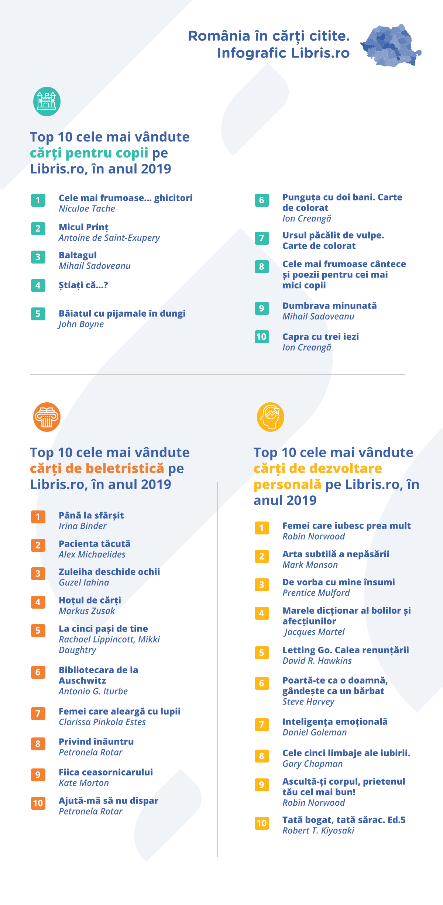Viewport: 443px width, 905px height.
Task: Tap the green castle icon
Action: point(47,101)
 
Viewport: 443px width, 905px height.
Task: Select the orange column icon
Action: point(47,417)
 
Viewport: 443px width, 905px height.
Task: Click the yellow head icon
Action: point(271,417)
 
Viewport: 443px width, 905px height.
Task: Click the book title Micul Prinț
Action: point(84,227)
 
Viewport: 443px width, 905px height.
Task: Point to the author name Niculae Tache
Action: point(87,209)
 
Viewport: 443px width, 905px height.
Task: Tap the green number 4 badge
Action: point(38,285)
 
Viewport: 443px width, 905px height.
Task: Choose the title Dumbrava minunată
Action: point(330,306)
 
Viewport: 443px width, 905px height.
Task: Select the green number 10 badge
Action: point(262,337)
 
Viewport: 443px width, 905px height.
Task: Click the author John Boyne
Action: point(81,324)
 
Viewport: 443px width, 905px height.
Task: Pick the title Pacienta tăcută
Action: point(95,544)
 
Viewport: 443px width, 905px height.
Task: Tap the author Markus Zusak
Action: point(87,611)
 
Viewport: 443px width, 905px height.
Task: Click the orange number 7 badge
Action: point(38,713)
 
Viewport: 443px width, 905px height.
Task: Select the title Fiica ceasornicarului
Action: point(106,772)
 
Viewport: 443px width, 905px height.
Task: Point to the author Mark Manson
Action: point(310,565)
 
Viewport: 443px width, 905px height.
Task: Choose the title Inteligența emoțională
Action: point(335,722)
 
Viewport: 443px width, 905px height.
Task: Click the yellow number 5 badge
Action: point(262,653)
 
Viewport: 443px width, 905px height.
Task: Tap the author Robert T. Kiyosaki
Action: point(318,831)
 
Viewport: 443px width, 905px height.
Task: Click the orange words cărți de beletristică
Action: point(97,469)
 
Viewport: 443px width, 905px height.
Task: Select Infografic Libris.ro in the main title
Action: point(284,53)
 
